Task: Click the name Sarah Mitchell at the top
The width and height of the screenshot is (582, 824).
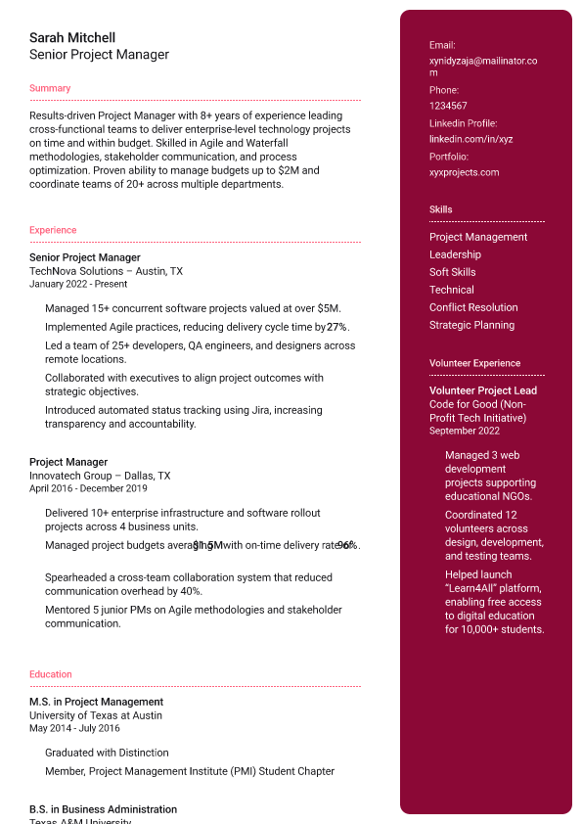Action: [x=72, y=38]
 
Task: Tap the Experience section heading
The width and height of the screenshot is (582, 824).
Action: [x=53, y=230]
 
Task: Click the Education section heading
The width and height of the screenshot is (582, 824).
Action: [x=51, y=674]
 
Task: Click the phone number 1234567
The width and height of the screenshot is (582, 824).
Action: [x=448, y=106]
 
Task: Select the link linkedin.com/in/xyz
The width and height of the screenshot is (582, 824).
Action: [x=470, y=139]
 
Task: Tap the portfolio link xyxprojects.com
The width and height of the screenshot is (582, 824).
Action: [x=464, y=172]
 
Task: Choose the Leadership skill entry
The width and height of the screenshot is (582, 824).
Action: [x=455, y=254]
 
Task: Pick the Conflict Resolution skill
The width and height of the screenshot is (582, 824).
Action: [x=473, y=307]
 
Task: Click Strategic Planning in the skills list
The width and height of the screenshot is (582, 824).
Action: [x=471, y=325]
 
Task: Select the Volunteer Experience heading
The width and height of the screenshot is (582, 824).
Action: [x=474, y=363]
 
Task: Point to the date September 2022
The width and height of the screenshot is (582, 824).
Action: [x=465, y=431]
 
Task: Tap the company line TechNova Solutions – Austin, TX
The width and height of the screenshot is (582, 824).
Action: [x=106, y=271]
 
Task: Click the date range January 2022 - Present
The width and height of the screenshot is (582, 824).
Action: [x=78, y=284]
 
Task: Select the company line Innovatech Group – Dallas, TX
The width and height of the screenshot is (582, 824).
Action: [x=100, y=476]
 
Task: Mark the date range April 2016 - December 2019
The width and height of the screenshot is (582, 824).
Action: [x=88, y=488]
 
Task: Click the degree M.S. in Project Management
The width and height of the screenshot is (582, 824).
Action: [x=96, y=702]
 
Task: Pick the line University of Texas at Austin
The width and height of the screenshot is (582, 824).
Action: [x=96, y=715]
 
